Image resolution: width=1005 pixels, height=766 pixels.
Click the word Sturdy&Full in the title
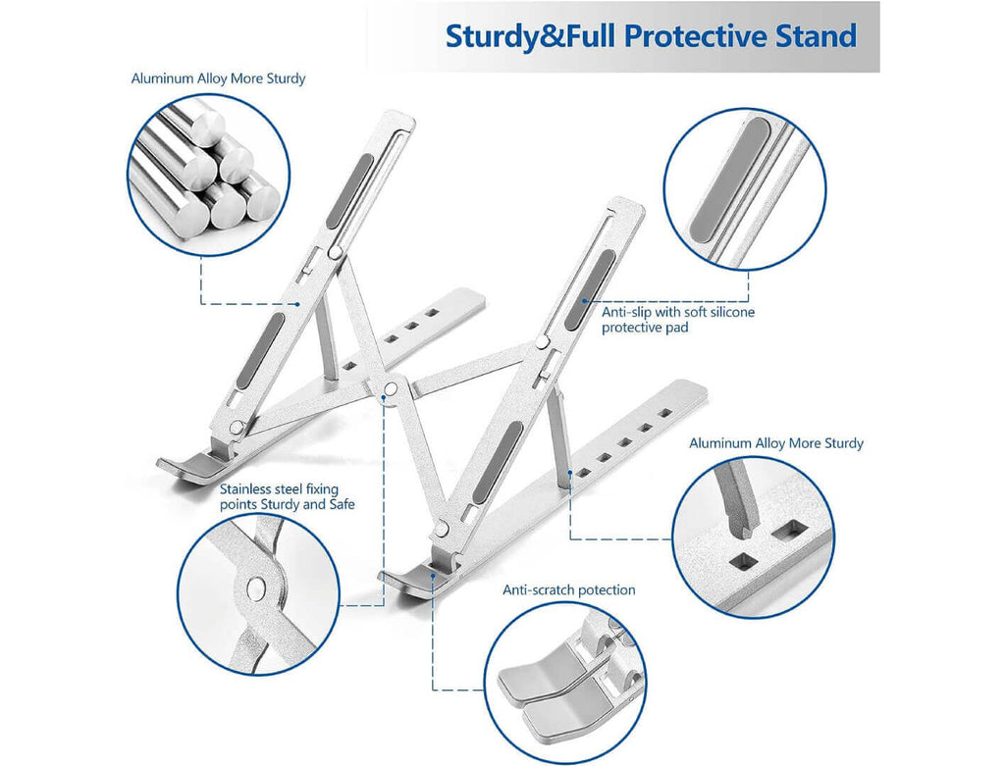[530, 36]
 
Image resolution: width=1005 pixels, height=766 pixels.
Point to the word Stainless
[249, 487]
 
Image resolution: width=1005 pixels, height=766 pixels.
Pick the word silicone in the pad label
[731, 312]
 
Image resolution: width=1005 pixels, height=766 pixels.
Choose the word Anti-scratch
[537, 589]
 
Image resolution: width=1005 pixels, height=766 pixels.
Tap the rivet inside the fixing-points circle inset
[257, 588]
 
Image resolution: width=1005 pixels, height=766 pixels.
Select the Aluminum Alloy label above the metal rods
[218, 77]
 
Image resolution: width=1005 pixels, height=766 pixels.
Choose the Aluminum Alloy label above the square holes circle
[775, 443]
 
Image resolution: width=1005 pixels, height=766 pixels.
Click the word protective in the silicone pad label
[633, 328]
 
